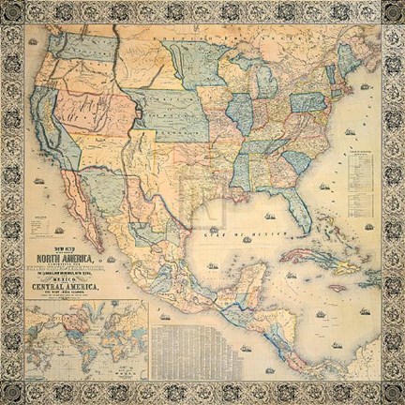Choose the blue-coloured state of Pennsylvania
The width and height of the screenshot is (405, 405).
(x=306, y=100)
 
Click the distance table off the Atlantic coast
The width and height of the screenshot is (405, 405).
(x=361, y=173)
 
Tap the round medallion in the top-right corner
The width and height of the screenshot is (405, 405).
(x=391, y=14)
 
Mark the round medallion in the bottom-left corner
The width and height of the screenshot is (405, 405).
(x=13, y=391)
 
